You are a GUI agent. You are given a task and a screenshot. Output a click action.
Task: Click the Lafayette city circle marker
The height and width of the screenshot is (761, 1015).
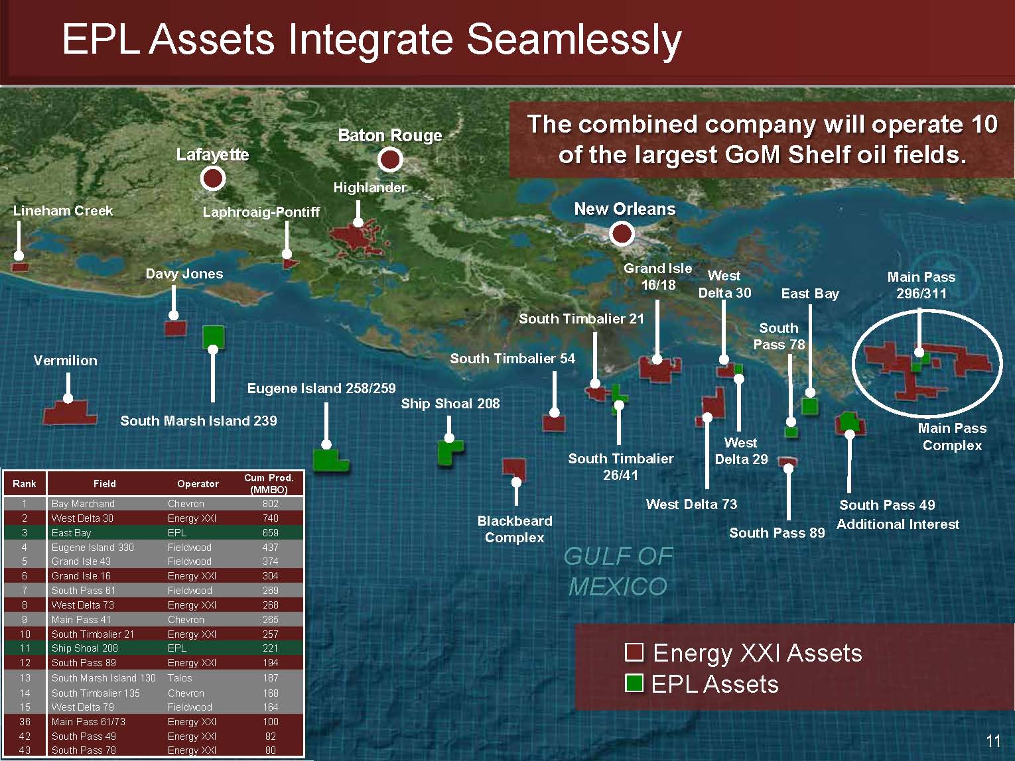click(213, 178)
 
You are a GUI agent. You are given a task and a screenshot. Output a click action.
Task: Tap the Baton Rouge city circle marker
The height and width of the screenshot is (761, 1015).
click(390, 159)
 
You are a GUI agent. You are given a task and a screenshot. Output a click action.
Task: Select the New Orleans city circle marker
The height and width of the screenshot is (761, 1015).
click(621, 233)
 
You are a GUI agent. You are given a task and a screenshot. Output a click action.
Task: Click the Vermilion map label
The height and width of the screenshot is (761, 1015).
click(66, 361)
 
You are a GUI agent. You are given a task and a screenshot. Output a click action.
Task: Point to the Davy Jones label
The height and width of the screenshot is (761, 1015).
click(184, 274)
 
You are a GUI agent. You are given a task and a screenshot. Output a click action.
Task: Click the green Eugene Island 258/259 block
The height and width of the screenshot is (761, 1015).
click(330, 460)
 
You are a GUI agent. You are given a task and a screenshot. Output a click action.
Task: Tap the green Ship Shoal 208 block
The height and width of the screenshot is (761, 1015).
click(450, 452)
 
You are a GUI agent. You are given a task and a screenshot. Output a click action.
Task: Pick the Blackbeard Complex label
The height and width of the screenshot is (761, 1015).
click(515, 529)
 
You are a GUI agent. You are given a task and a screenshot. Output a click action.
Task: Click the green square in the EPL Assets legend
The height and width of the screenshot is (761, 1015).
click(634, 683)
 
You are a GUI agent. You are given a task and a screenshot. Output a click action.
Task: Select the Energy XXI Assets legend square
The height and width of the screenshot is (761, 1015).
click(634, 652)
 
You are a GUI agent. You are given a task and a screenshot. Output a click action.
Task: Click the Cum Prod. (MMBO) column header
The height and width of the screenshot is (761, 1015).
click(269, 484)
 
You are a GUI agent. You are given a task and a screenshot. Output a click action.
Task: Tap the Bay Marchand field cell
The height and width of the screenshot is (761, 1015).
click(83, 504)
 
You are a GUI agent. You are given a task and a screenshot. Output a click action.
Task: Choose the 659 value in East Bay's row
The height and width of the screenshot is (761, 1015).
click(271, 533)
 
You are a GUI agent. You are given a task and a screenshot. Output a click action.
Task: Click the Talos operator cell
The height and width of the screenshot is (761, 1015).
click(180, 678)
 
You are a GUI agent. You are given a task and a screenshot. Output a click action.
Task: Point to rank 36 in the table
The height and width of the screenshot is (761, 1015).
click(25, 722)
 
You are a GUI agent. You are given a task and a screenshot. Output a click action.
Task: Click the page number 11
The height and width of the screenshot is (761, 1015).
click(993, 741)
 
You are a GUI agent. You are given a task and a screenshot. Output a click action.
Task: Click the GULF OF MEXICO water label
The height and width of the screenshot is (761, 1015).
click(618, 571)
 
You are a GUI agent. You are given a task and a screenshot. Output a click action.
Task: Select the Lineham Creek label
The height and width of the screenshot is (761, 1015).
click(63, 211)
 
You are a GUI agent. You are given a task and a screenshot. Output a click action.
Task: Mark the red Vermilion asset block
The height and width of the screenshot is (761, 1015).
click(70, 412)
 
